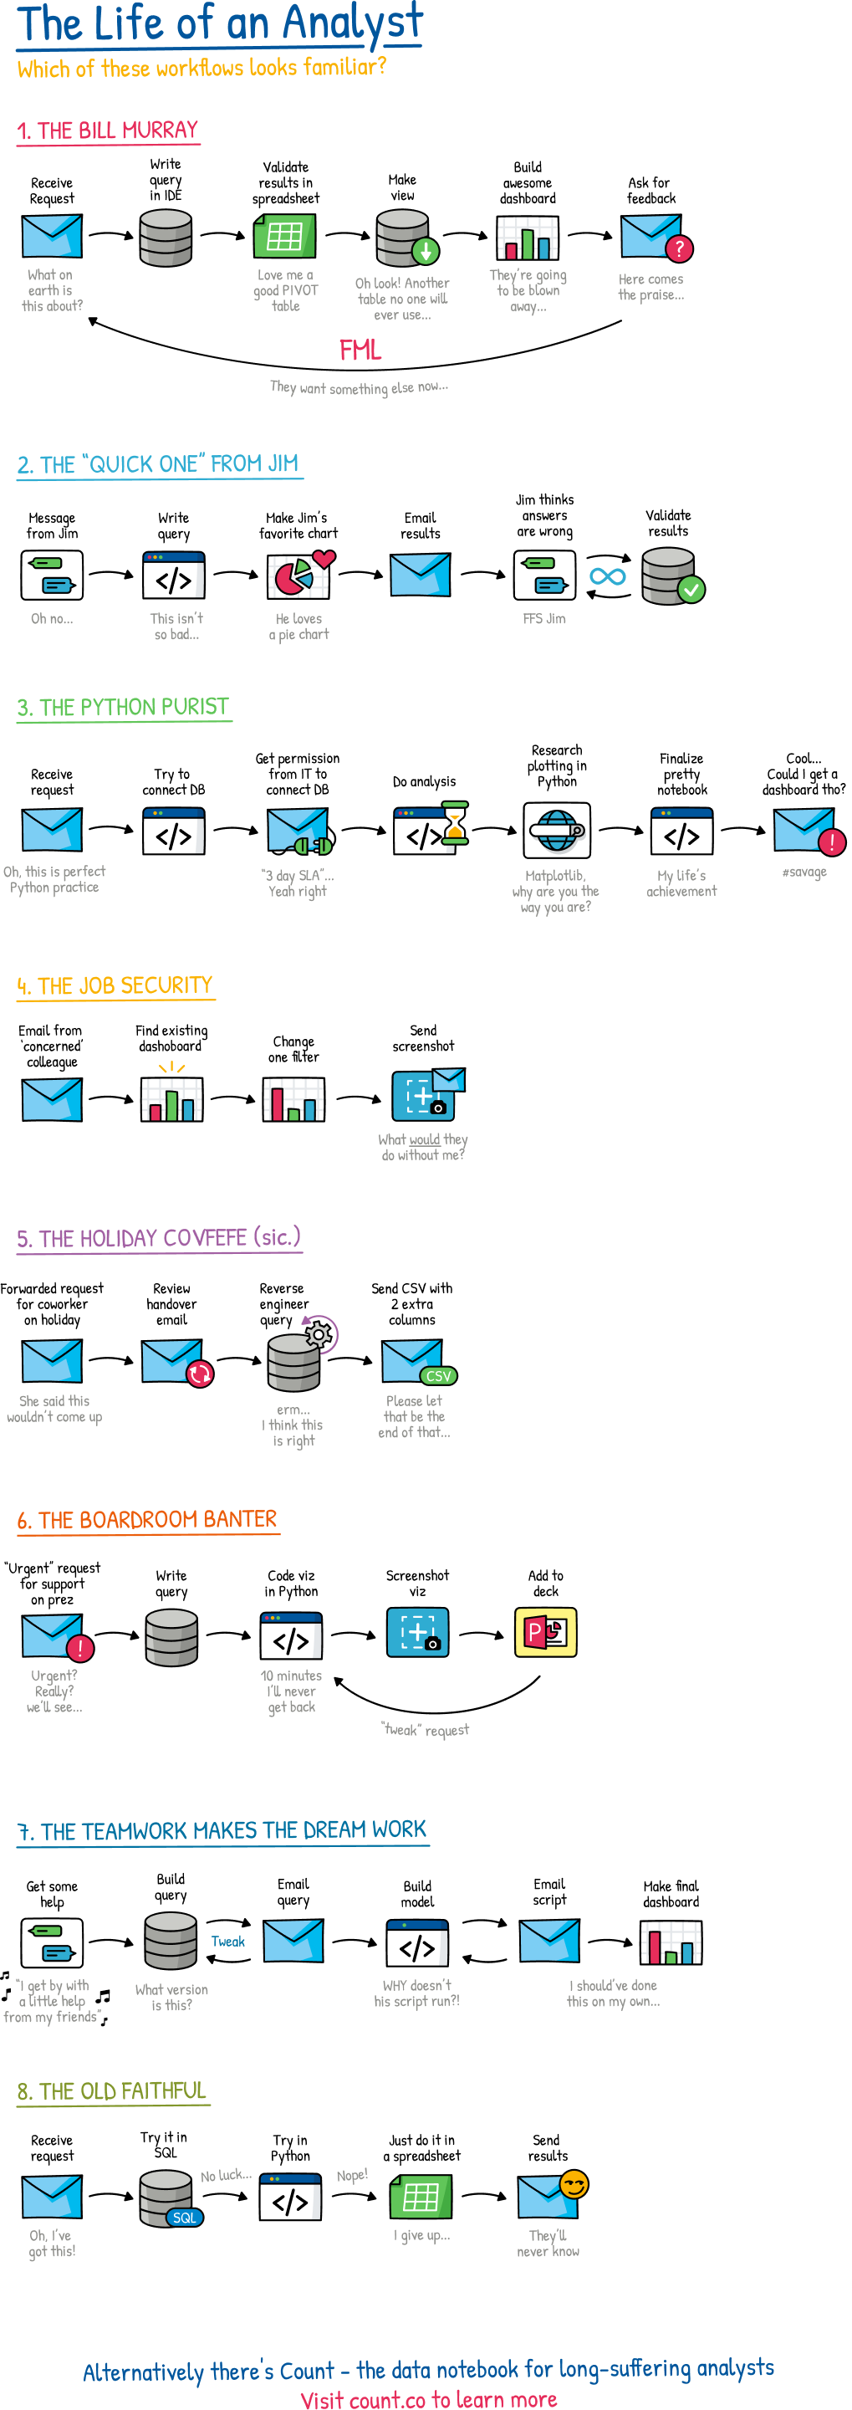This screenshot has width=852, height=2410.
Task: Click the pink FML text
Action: (360, 350)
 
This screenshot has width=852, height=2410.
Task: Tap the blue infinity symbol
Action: (608, 576)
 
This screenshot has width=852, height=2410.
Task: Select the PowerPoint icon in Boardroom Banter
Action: (545, 1633)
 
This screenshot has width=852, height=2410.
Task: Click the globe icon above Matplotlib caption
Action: (557, 830)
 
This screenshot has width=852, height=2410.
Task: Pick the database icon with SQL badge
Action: (168, 2198)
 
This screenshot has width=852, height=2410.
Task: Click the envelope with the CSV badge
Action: (416, 1362)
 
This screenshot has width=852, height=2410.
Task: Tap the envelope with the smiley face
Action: (552, 2195)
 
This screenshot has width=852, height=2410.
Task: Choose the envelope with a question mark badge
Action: (655, 238)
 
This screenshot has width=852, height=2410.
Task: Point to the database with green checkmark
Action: (671, 576)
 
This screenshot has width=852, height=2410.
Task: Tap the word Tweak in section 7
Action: (227, 1942)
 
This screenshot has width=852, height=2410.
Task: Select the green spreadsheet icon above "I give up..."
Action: (420, 2197)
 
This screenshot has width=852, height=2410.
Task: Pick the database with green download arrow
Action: (405, 238)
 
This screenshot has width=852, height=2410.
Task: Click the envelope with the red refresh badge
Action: (176, 1362)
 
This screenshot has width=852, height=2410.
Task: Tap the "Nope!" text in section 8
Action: (352, 2175)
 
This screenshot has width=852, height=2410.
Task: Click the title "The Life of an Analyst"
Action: (220, 24)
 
